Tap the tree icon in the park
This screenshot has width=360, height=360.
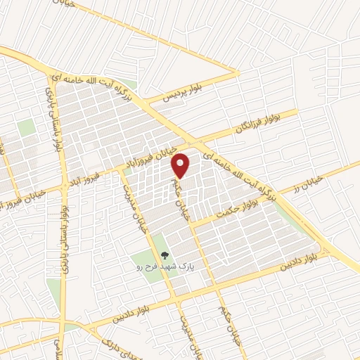pos(164,257)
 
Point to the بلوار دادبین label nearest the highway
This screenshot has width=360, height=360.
pos(297,262)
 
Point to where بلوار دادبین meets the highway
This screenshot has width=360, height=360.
pos(325,250)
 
